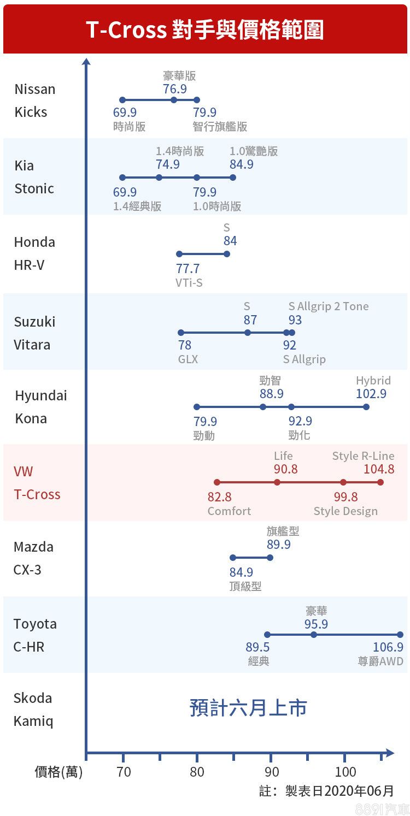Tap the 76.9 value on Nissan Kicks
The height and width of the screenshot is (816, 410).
pos(174,88)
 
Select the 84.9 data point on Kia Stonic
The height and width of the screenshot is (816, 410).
pos(233,177)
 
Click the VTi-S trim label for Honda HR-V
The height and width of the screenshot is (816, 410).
pos(189,283)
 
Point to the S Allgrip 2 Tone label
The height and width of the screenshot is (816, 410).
pos(329,306)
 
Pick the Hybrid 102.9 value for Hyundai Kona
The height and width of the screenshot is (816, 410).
pos(371,394)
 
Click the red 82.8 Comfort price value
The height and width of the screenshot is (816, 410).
pos(219,497)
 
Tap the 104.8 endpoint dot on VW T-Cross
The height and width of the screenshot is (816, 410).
pos(380,482)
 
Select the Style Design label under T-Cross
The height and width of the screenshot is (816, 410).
pos(345,511)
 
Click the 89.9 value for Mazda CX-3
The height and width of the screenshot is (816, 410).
pos(279,545)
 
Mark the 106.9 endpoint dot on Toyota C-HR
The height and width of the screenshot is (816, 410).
pos(400,635)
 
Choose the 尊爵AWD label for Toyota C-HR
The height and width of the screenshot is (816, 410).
pos(380,661)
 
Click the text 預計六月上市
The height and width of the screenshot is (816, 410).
pos(248,708)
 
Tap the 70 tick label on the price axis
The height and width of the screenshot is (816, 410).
pos(124,772)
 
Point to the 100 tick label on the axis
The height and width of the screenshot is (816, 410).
pos(345,772)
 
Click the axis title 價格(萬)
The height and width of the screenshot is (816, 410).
pos(58,772)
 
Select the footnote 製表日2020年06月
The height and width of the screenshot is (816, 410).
pos(339,791)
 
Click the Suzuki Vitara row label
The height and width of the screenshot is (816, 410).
pos(34,333)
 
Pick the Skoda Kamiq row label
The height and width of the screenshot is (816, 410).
pos(33,709)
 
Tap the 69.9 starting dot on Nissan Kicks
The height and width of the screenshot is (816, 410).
pos(122,100)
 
